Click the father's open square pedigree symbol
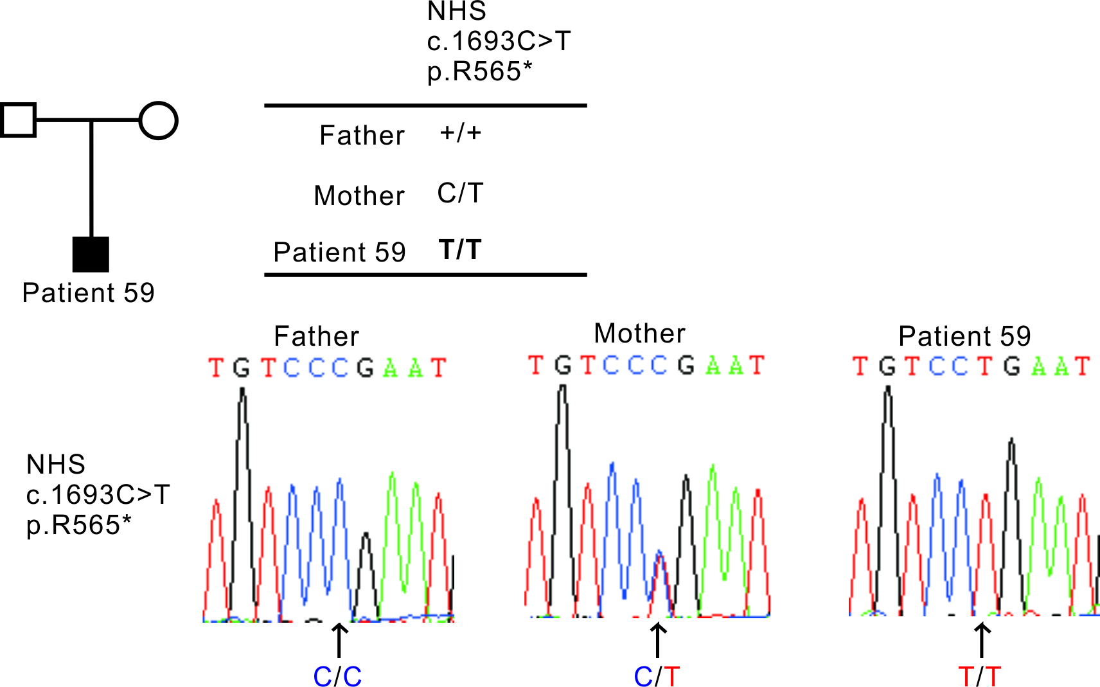(x=18, y=120)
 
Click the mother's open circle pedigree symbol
(x=158, y=120)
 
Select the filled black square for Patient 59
(x=91, y=254)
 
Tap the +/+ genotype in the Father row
(x=460, y=133)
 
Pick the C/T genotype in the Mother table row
(x=460, y=193)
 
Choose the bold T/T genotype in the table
(x=460, y=249)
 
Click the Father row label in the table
(x=362, y=136)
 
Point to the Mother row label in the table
(x=359, y=195)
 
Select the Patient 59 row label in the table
(x=339, y=252)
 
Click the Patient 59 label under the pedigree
(x=89, y=293)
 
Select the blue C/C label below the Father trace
(x=337, y=676)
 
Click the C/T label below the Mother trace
(x=657, y=676)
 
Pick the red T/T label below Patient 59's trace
(x=979, y=676)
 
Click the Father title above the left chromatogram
(x=316, y=336)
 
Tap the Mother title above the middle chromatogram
(x=639, y=334)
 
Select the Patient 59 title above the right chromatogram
(x=964, y=336)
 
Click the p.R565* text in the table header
(x=479, y=71)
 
